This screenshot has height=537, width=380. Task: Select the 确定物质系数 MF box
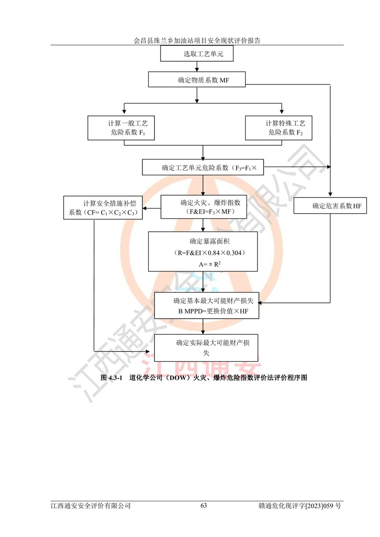click(197, 79)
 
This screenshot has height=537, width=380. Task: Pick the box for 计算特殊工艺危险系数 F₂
click(278, 128)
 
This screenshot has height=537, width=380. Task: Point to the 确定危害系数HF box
click(331, 206)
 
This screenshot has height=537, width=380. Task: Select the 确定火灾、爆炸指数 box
click(203, 207)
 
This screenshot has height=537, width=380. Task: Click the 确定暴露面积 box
click(203, 251)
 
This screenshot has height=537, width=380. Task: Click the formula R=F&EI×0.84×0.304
click(203, 252)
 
